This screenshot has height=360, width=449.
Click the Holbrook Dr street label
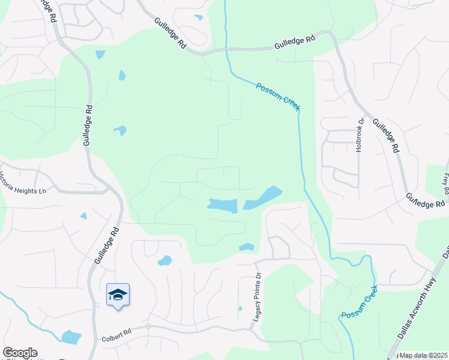tap(361, 135)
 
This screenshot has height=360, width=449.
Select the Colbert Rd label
tap(116, 338)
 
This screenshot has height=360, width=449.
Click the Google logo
tap(20, 353)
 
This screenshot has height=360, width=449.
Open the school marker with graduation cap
tap(118, 295)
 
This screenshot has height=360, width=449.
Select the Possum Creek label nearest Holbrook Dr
tap(278, 96)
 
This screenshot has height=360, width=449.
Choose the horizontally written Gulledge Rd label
tap(295, 43)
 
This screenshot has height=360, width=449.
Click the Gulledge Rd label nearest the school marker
tap(107, 245)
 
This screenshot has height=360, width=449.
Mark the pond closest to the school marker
tap(164, 261)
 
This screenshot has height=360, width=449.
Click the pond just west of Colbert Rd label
tap(71, 337)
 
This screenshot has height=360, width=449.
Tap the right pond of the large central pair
tap(263, 197)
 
